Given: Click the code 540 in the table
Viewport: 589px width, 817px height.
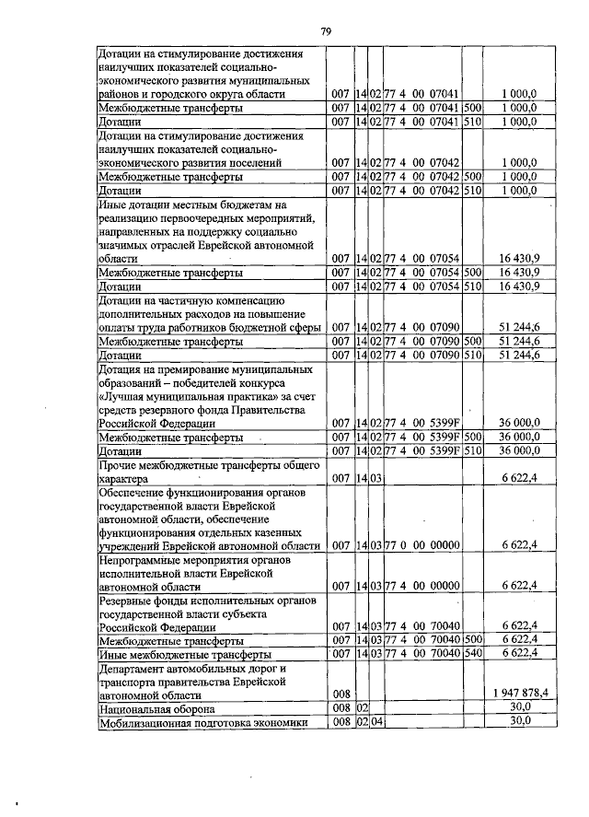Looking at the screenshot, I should [x=474, y=652].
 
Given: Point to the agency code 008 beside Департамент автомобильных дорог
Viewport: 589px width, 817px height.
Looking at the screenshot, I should [x=341, y=692].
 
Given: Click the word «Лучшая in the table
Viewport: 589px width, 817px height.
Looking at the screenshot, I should [x=124, y=395].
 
